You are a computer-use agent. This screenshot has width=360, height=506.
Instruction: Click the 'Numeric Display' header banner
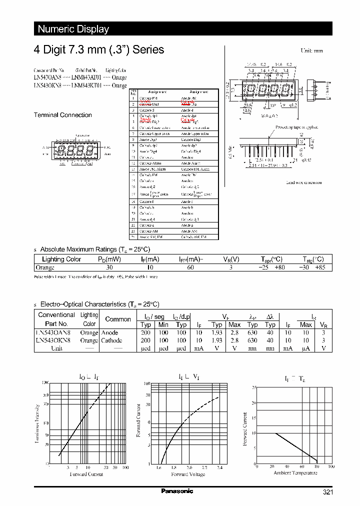(73, 29)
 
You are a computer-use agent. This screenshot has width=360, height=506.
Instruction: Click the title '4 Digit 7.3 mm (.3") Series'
(98, 50)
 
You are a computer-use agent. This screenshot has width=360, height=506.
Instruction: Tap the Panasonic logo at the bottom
(177, 491)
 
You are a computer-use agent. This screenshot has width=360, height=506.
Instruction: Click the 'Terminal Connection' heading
(62, 115)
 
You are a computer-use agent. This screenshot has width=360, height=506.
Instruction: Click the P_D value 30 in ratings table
(109, 267)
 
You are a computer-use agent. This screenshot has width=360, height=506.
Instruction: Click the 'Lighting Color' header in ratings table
(61, 259)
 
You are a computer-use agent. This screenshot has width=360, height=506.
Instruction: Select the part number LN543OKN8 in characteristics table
(55, 340)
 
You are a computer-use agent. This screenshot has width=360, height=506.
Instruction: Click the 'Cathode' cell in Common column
(111, 340)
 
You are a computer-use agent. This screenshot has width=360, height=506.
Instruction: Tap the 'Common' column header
(118, 319)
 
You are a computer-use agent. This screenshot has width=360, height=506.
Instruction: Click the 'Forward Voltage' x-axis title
(187, 474)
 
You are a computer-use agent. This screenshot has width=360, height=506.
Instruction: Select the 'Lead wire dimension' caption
(303, 182)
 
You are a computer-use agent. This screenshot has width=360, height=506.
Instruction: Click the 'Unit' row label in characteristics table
(56, 348)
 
